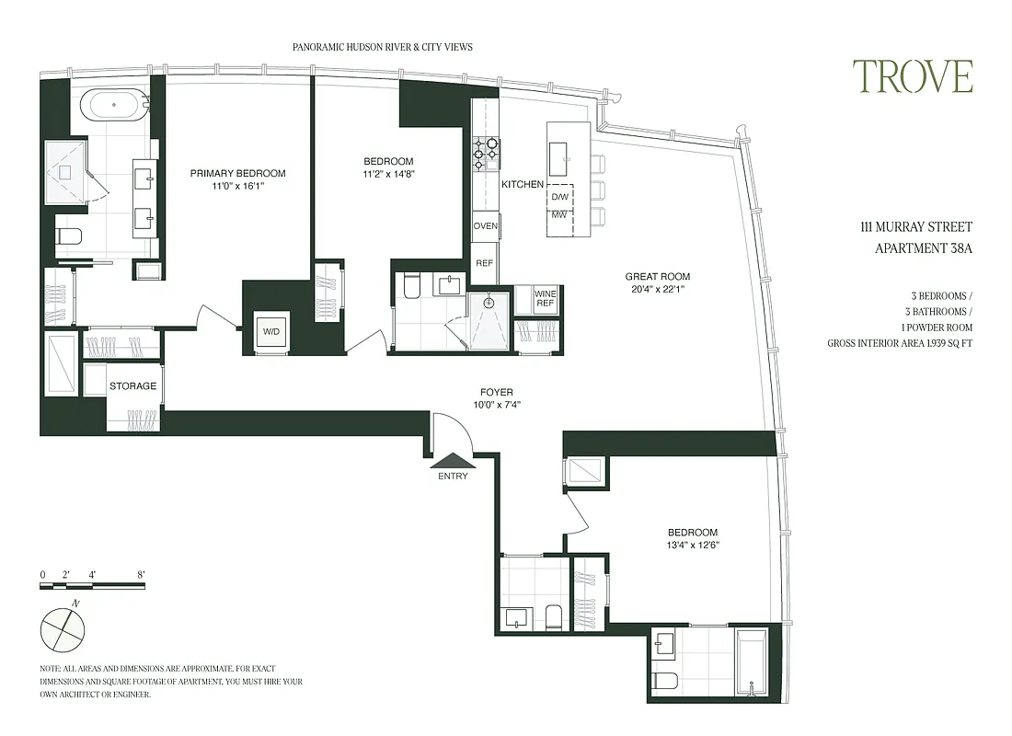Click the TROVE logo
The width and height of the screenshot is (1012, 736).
(x=912, y=76)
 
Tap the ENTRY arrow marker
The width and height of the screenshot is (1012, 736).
(x=454, y=461)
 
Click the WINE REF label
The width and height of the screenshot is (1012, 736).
(x=546, y=298)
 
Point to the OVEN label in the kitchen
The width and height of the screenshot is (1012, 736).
(x=486, y=226)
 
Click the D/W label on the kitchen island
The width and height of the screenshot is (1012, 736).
(x=559, y=198)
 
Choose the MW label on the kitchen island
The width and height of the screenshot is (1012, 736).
(x=559, y=216)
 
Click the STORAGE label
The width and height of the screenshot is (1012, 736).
(x=133, y=386)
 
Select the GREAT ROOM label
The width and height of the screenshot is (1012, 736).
(x=657, y=277)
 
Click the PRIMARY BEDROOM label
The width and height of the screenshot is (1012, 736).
(x=237, y=173)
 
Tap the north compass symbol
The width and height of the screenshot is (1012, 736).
(x=63, y=630)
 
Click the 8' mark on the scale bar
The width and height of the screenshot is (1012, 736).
(x=141, y=575)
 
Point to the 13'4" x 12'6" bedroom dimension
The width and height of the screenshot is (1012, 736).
(x=692, y=545)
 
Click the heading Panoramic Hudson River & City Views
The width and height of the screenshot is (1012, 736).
(x=382, y=47)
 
